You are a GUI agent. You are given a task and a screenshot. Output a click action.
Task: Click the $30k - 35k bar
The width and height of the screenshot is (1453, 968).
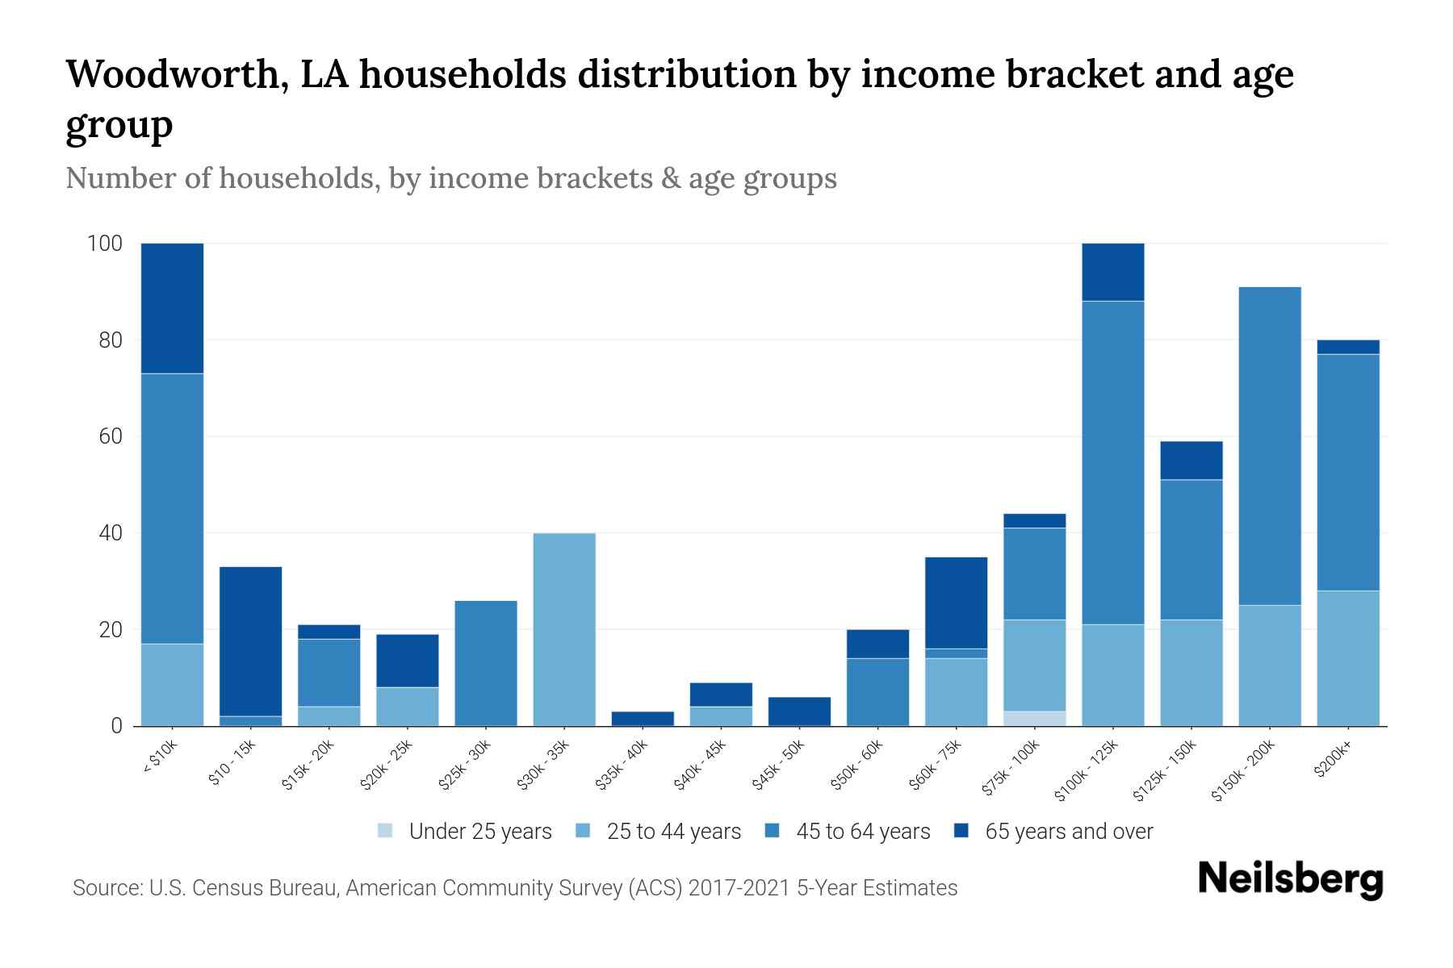(x=564, y=629)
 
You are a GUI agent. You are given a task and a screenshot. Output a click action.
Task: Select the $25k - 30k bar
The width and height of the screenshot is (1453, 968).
(x=486, y=663)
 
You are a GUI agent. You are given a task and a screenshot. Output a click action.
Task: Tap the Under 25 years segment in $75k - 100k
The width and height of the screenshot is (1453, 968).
(x=1035, y=719)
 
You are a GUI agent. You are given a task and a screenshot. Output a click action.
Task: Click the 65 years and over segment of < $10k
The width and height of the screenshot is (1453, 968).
(x=172, y=308)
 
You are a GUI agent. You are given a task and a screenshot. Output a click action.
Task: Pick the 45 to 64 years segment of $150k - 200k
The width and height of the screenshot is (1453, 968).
(x=1270, y=446)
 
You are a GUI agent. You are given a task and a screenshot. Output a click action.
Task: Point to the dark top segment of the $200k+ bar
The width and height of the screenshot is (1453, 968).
(x=1348, y=347)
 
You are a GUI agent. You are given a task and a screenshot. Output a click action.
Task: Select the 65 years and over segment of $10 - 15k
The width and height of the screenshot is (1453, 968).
(x=250, y=641)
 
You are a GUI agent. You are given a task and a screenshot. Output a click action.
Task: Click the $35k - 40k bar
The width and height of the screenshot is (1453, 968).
(x=643, y=718)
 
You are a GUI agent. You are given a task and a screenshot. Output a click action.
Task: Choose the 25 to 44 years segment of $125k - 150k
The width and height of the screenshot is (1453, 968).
(x=1191, y=673)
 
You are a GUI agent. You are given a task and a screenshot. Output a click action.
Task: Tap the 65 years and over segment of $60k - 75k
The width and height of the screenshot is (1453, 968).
(x=956, y=603)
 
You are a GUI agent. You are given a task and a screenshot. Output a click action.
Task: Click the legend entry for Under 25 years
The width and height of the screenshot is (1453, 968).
(x=465, y=832)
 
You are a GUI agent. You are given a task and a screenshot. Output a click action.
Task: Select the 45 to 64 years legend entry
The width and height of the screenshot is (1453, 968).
(x=848, y=832)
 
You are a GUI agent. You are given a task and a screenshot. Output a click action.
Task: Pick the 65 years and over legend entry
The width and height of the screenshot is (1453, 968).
(x=1053, y=832)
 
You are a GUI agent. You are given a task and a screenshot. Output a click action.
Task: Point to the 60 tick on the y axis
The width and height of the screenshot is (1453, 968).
(x=111, y=436)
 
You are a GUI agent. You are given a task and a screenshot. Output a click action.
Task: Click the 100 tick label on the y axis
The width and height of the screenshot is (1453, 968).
(x=105, y=244)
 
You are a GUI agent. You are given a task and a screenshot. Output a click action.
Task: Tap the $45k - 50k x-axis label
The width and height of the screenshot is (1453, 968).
(x=780, y=766)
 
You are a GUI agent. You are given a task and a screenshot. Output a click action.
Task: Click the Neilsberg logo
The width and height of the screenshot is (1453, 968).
(x=1290, y=879)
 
